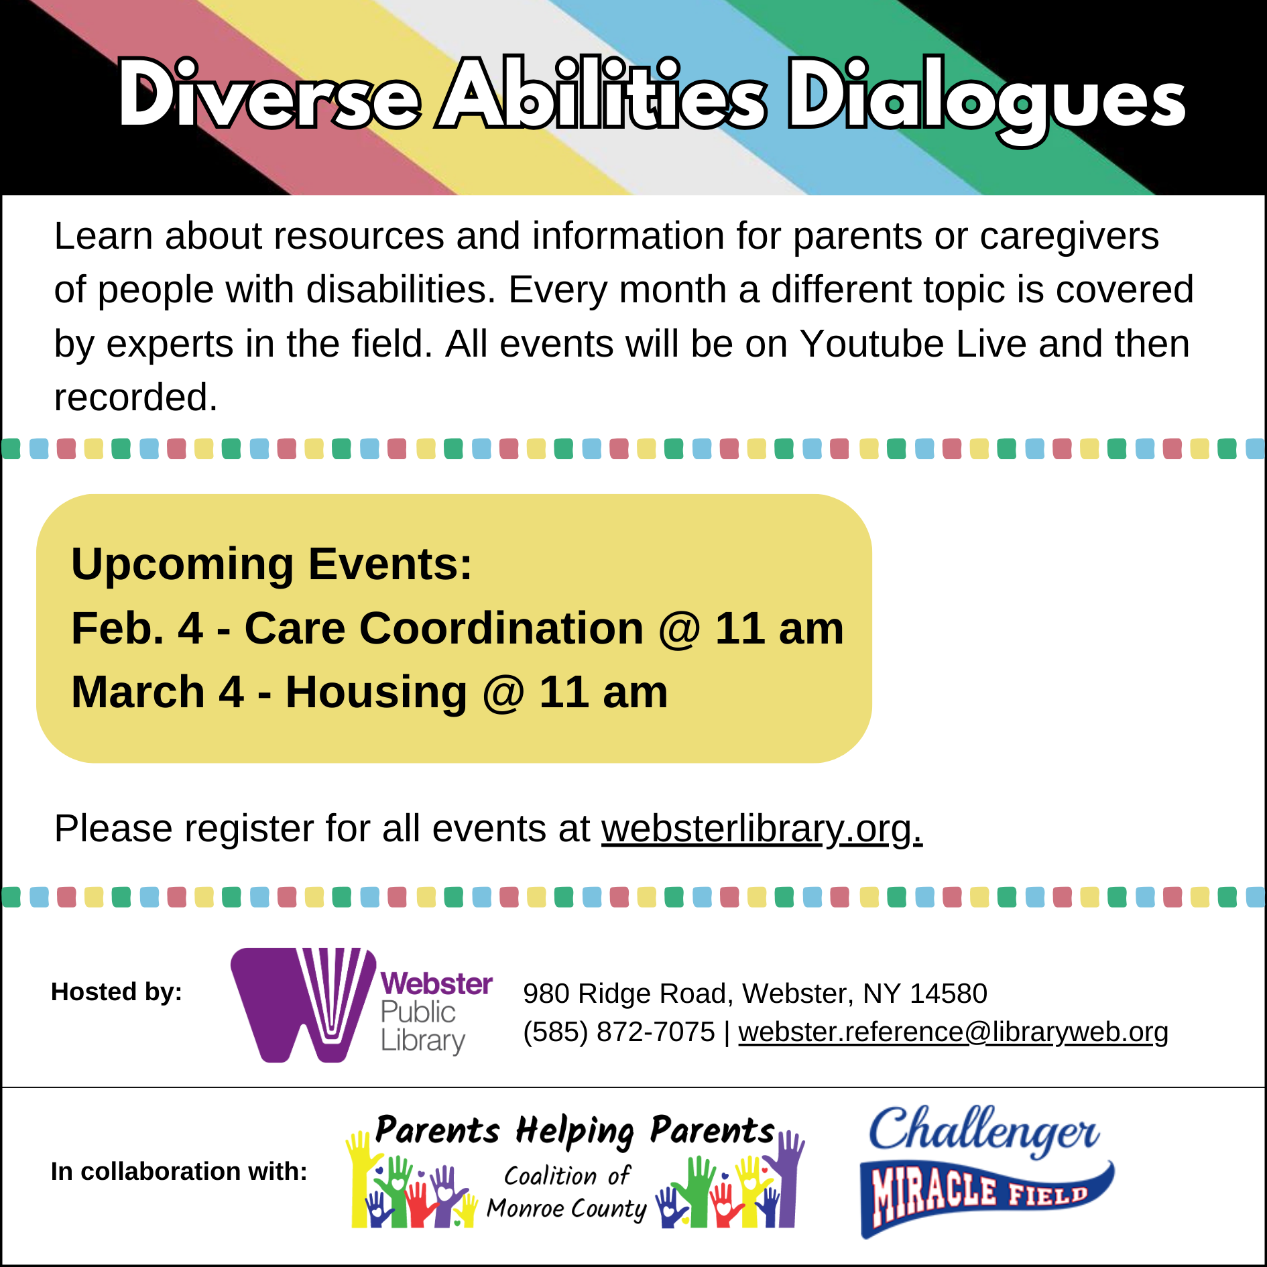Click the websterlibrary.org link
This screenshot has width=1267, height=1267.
click(762, 829)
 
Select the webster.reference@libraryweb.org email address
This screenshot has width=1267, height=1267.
click(953, 1032)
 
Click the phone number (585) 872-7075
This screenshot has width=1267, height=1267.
click(619, 1032)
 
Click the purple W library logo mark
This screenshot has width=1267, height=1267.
click(303, 1004)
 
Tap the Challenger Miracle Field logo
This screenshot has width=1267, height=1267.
click(986, 1170)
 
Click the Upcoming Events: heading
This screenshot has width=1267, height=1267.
click(271, 564)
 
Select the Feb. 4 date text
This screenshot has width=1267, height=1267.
click(137, 629)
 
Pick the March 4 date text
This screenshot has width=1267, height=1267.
click(157, 692)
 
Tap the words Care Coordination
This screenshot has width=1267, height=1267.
click(444, 629)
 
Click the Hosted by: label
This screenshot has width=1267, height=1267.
click(117, 992)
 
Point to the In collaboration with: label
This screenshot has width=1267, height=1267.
click(179, 1172)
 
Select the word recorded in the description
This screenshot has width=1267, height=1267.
click(136, 398)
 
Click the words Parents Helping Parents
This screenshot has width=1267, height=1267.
click(575, 1132)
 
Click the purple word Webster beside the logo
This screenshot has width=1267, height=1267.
click(436, 984)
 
